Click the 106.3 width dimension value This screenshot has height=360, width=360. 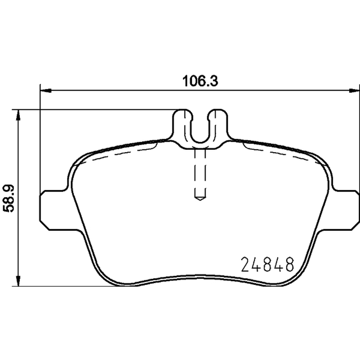point(200,81)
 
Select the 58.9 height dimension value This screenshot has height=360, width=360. point(9,198)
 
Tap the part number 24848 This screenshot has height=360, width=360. point(267,264)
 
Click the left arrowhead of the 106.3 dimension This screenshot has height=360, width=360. point(45,91)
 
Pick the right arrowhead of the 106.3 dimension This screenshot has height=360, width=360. point(354,91)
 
